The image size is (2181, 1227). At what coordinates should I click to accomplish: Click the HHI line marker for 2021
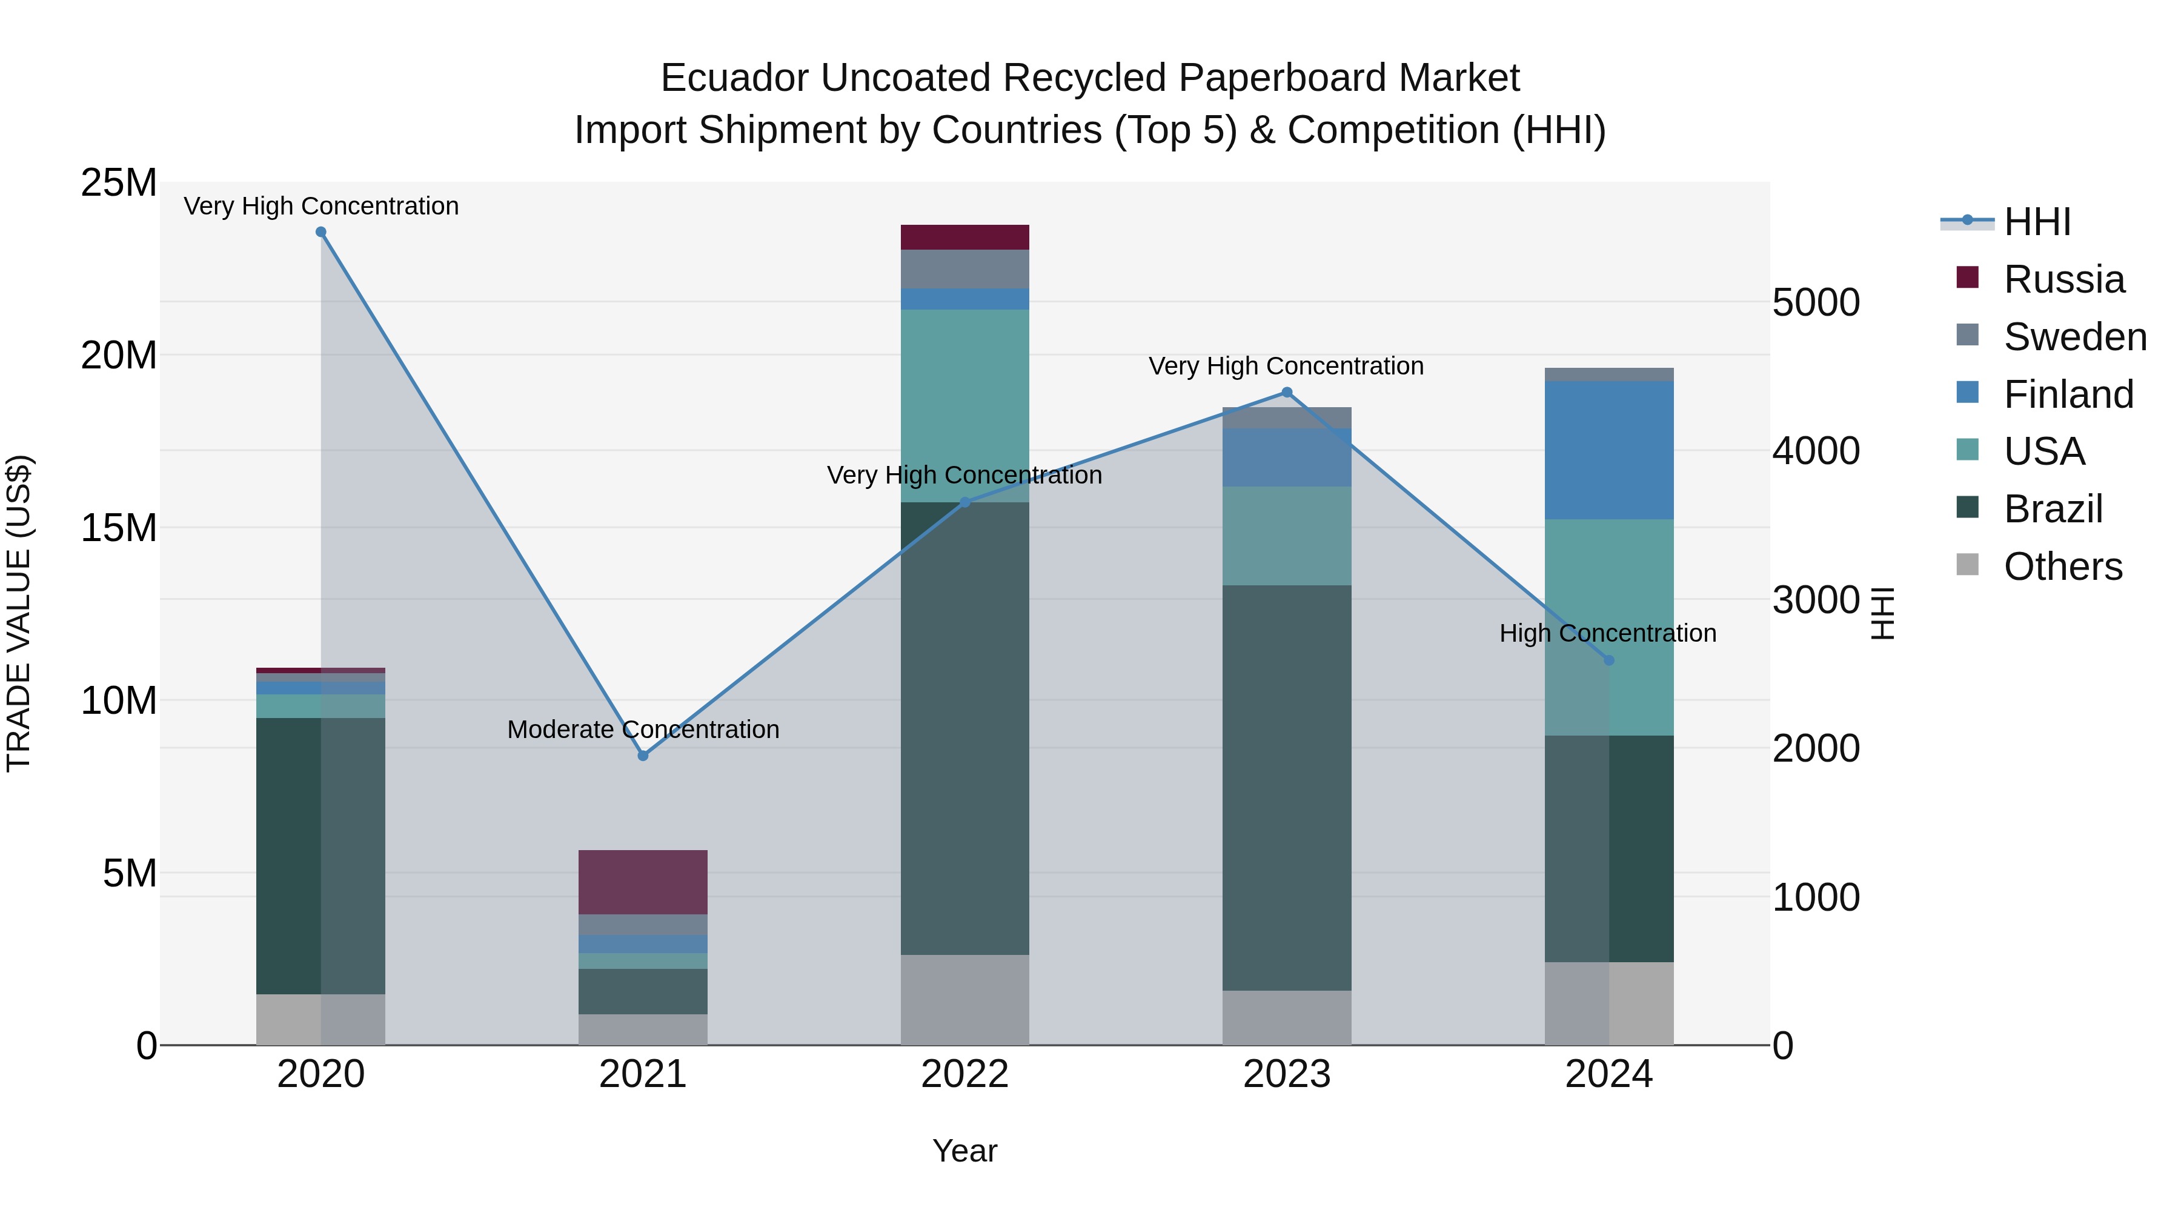(643, 756)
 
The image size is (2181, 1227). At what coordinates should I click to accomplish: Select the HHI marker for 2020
(321, 232)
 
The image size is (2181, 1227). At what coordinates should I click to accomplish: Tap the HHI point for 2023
(1287, 392)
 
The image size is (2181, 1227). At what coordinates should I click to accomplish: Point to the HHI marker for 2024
(1608, 660)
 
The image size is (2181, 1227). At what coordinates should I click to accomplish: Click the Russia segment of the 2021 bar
(643, 882)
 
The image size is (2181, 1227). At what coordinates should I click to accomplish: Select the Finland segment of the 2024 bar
(1608, 450)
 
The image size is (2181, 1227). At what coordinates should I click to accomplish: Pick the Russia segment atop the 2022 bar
(964, 237)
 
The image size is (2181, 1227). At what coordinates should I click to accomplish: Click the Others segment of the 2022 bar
(964, 999)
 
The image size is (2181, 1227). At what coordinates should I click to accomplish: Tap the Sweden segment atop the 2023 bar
(1287, 417)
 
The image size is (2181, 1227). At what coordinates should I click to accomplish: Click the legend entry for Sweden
(2074, 337)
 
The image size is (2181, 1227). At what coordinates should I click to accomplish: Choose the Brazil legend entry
(2053, 509)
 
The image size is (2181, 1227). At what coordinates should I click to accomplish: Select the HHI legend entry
(2036, 222)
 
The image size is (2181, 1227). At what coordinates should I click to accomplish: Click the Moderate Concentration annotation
(643, 729)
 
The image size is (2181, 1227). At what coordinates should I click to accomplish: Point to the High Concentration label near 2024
(1607, 633)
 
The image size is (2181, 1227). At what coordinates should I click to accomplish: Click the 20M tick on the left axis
(119, 356)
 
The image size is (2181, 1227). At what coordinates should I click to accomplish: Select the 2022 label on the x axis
(964, 1074)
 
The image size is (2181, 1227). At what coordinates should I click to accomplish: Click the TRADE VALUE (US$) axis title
(19, 613)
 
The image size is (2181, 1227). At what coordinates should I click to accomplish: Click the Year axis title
(964, 1151)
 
